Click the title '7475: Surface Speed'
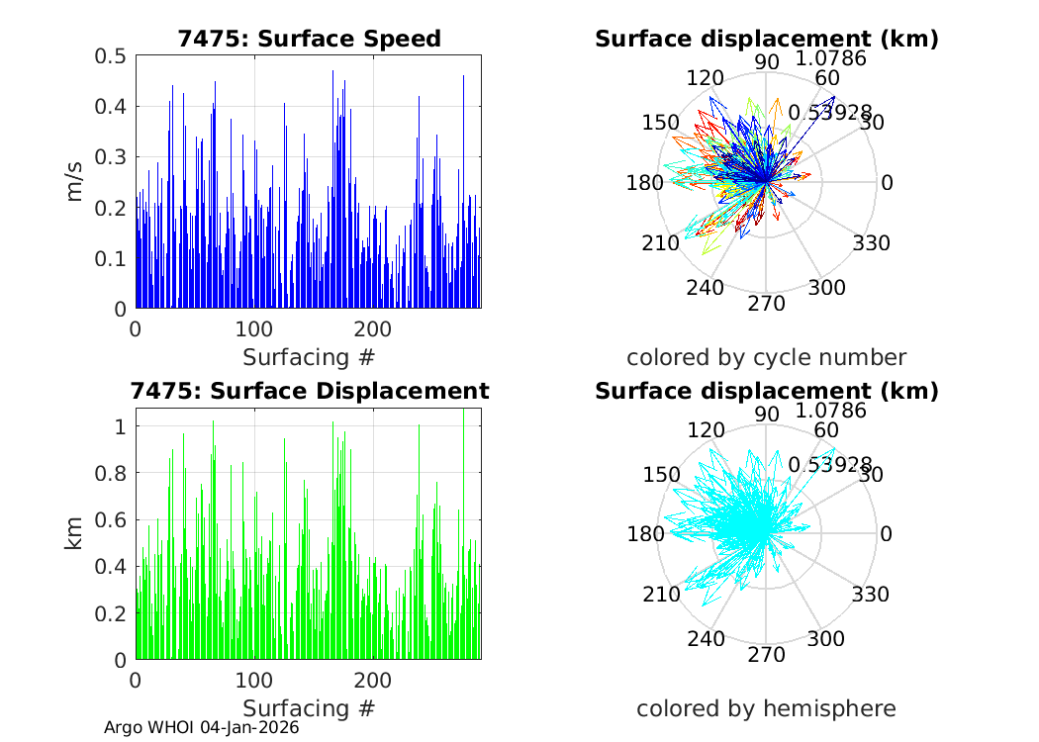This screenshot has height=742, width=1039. point(309,39)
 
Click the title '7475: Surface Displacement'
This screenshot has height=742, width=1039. point(309,391)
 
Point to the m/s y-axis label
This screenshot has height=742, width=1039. point(75,182)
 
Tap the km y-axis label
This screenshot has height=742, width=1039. point(75,534)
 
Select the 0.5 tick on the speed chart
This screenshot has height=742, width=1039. point(110,56)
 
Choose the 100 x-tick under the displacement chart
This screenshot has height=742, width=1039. point(254,682)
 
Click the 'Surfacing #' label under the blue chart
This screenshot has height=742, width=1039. point(309,356)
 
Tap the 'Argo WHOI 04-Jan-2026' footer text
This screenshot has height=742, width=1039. point(202,727)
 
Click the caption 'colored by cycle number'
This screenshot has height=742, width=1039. point(766,357)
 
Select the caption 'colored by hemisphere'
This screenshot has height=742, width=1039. point(766,708)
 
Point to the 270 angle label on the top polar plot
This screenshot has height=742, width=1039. point(766,303)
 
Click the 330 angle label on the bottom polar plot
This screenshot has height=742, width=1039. point(872,595)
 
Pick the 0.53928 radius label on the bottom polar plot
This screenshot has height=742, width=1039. point(830,464)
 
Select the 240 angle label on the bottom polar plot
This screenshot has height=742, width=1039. point(707,638)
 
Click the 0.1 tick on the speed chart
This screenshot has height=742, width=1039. point(110,259)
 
